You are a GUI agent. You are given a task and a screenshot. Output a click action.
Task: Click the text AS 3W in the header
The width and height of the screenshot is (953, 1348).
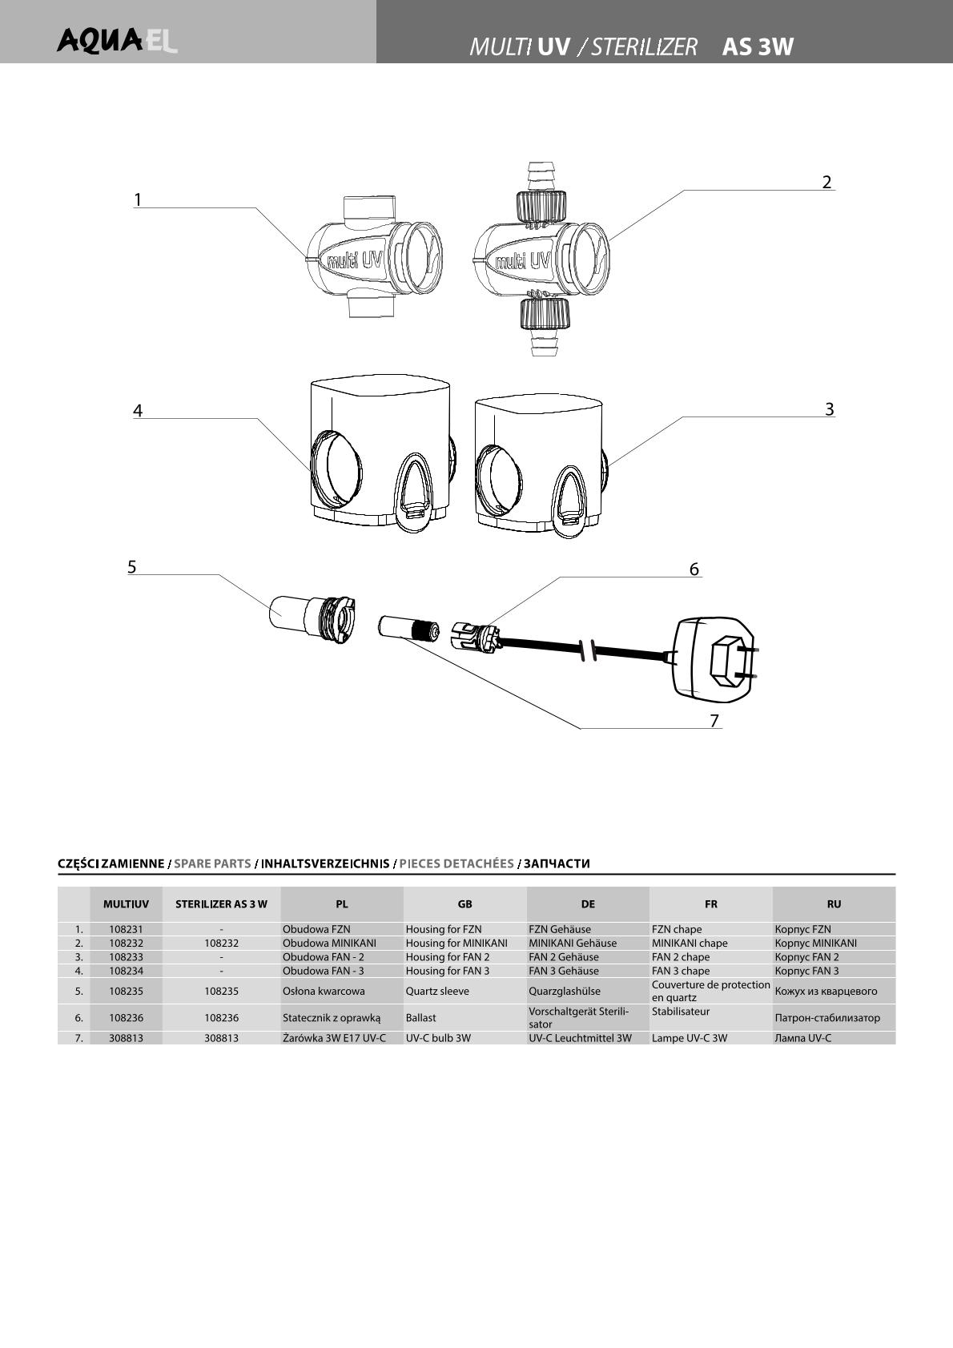[757, 47]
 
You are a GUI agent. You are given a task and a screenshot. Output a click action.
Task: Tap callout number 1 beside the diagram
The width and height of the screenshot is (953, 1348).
[138, 199]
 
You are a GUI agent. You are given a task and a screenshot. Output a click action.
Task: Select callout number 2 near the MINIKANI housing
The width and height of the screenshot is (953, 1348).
[826, 182]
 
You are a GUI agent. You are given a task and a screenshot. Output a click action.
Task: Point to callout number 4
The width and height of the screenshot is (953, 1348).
[138, 410]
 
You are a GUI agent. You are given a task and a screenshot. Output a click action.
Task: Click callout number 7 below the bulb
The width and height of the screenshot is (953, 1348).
[714, 720]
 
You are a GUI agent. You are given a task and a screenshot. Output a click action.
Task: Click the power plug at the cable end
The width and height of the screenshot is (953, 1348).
[714, 657]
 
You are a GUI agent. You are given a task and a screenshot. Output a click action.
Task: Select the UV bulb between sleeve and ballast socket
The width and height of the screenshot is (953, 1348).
[408, 627]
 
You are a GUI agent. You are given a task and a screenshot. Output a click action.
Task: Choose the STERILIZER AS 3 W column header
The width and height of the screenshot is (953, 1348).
[221, 904]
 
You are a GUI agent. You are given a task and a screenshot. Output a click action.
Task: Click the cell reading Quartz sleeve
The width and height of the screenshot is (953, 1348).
[437, 991]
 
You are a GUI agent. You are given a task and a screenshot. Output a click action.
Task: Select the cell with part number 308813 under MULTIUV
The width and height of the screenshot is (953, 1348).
[126, 1037]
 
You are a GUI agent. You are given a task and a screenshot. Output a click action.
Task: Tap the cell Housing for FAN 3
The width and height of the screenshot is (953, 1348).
[447, 971]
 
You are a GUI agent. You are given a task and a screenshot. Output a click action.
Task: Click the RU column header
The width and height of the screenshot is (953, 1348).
[834, 904]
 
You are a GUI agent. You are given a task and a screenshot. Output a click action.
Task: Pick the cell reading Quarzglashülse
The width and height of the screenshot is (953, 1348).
[564, 991]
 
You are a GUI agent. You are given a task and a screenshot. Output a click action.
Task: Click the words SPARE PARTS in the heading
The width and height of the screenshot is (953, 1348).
[212, 863]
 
